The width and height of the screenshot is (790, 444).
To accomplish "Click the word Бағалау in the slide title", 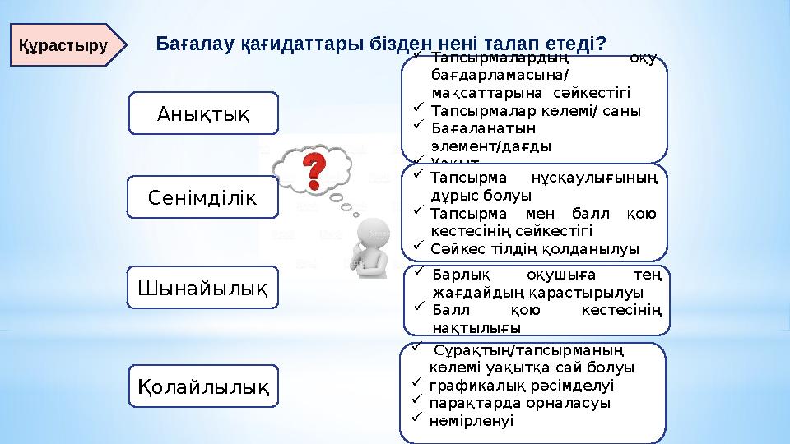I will tap(195, 42).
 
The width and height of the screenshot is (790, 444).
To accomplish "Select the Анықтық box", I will tap(204, 113).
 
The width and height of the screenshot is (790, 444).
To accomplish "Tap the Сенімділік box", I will tap(204, 197).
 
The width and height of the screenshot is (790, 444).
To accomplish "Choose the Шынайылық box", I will tap(204, 287).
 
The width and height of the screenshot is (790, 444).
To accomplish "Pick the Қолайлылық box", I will tap(204, 385).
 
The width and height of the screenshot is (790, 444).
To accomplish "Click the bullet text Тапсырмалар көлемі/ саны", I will tap(536, 110).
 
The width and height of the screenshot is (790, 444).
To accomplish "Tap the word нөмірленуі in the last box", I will tap(472, 419).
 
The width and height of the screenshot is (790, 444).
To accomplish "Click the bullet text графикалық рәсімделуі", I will tap(522, 385).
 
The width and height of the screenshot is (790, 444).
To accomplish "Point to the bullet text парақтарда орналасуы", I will tap(520, 402).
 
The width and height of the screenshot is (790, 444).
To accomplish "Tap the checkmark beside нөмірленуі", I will tap(417, 419).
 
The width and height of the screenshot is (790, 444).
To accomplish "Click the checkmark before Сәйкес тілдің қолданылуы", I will tap(417, 246).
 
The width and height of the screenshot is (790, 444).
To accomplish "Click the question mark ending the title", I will tap(602, 42).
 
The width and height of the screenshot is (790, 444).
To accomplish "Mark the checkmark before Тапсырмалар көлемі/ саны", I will tap(417, 109).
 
